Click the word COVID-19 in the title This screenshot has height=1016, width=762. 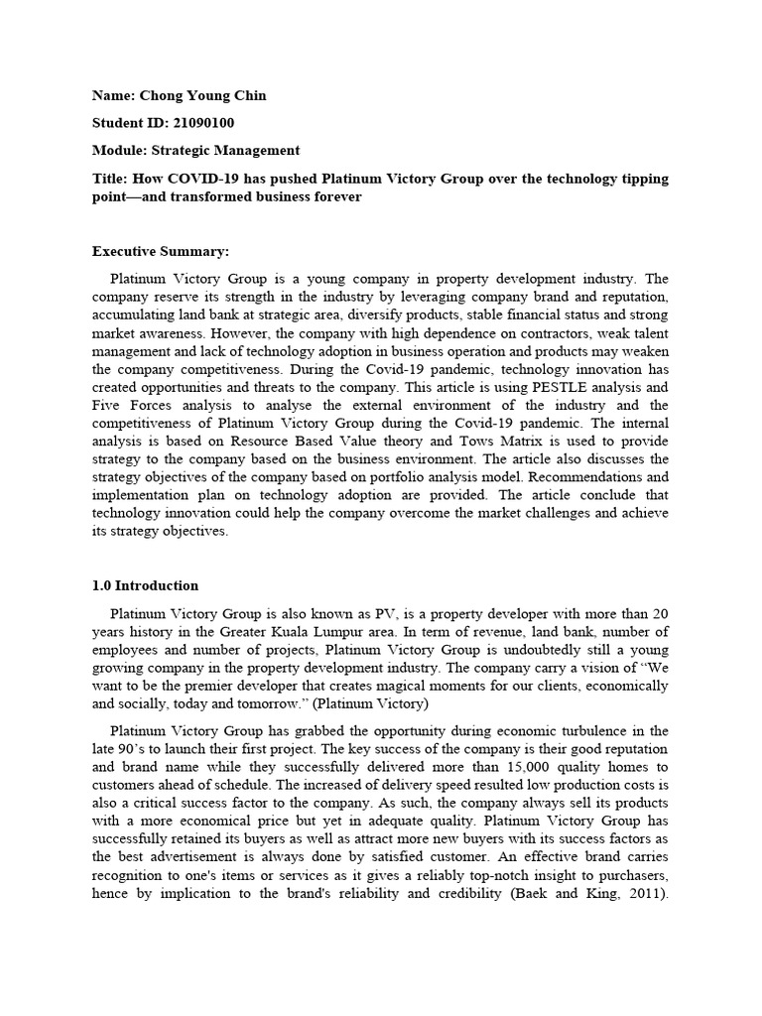click(201, 179)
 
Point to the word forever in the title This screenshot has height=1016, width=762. click(337, 196)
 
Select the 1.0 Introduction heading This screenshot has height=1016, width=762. click(145, 585)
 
